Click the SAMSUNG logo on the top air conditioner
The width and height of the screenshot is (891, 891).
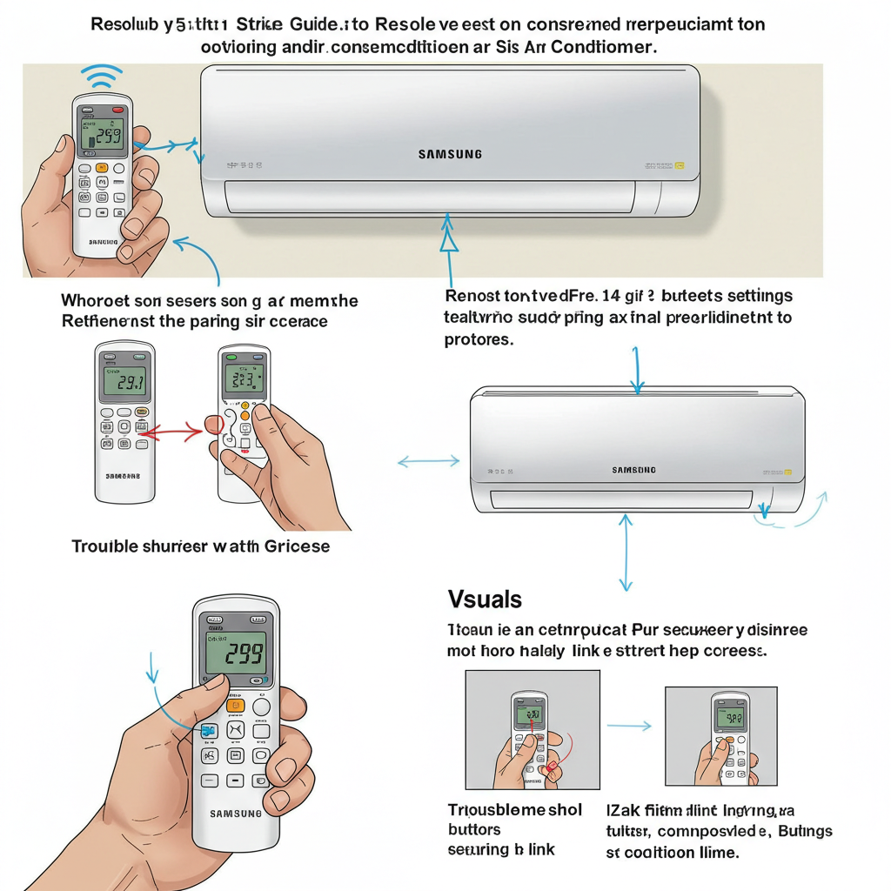(x=450, y=155)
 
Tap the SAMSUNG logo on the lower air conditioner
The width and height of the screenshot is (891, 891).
(x=634, y=470)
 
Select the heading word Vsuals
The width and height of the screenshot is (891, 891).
(x=485, y=599)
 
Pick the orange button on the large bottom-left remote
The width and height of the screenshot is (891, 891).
(x=235, y=706)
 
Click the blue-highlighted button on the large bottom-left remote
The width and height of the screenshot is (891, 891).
(x=209, y=731)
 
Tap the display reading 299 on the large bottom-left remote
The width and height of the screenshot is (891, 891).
(x=237, y=653)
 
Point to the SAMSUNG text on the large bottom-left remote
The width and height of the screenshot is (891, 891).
(x=235, y=814)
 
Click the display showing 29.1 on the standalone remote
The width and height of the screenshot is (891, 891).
(x=125, y=379)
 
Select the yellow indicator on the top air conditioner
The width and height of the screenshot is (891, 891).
(x=680, y=164)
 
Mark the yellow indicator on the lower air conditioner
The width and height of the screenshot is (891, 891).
(x=787, y=472)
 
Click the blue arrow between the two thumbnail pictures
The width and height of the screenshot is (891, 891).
(x=629, y=725)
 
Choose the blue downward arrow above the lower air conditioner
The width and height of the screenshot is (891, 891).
(x=636, y=370)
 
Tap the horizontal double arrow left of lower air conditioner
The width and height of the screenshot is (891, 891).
(x=428, y=462)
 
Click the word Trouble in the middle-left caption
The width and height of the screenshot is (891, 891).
(x=104, y=546)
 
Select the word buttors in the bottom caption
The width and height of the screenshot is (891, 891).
(x=475, y=829)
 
